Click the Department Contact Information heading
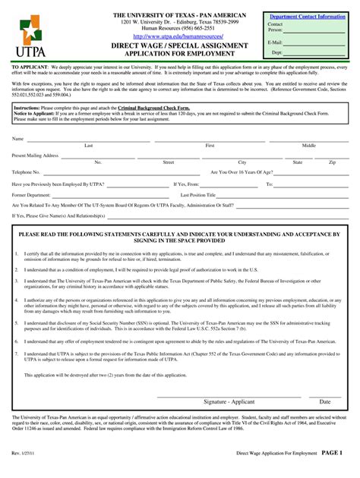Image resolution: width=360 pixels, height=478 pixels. (308, 16)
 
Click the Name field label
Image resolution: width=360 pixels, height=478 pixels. (17, 140)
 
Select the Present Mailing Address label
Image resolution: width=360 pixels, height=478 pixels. (35, 156)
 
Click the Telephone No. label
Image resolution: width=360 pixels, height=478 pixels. (26, 172)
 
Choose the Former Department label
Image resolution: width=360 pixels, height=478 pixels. (31, 194)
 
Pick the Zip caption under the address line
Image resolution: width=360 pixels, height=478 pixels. (332, 162)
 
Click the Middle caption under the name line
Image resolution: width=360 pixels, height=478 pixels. (309, 145)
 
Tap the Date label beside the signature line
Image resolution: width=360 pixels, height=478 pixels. (325, 401)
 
